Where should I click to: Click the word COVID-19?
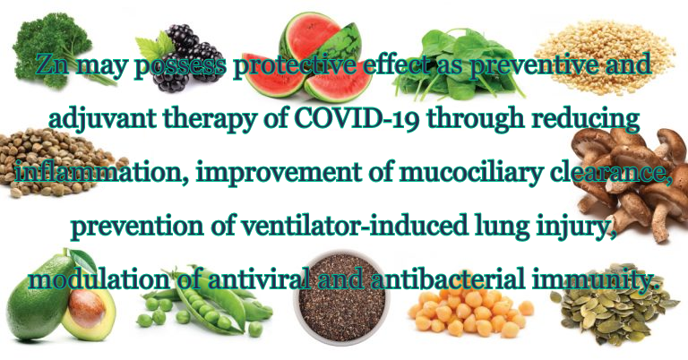(x=356, y=117)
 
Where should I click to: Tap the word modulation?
(x=99, y=279)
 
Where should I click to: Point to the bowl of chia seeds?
(x=342, y=297)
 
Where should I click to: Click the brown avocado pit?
(x=87, y=308)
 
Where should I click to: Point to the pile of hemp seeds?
(x=57, y=162)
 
